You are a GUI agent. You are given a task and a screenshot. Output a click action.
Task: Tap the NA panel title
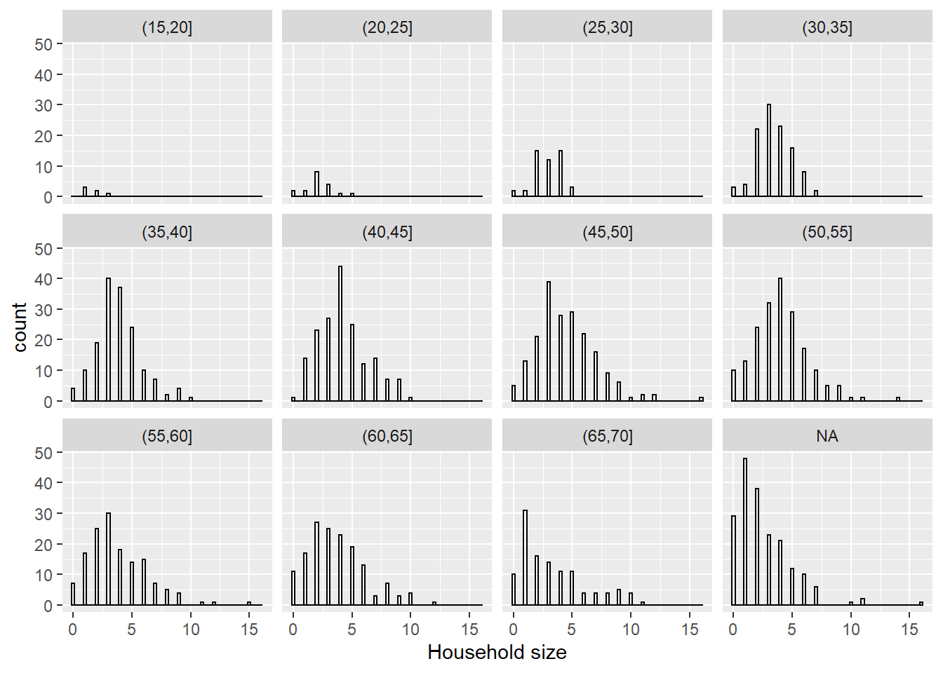pos(827,436)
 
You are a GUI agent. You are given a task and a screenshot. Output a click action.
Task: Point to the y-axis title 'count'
pos(20,327)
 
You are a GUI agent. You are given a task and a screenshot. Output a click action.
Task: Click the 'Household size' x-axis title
pos(497,653)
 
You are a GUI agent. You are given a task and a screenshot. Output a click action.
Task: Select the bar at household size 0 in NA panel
pos(733,560)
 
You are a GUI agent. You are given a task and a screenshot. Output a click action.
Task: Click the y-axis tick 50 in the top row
pos(44,44)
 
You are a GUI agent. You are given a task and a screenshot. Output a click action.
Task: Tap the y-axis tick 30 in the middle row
pos(44,310)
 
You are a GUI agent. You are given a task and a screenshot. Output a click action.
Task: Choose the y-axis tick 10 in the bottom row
pos(44,575)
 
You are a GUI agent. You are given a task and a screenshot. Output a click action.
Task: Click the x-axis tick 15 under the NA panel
pos(909,629)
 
